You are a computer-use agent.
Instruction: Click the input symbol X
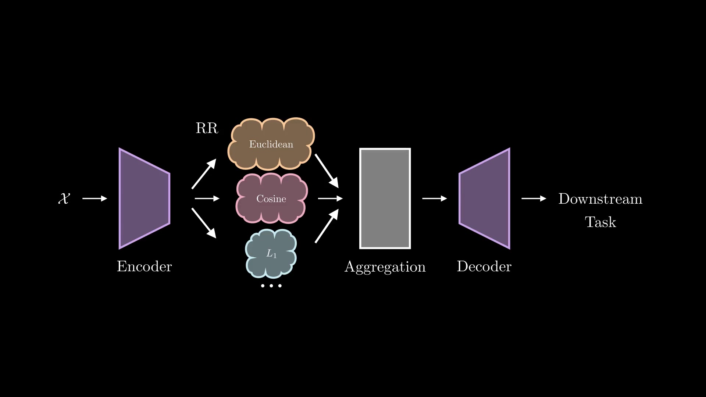click(64, 198)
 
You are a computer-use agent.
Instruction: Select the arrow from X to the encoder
click(95, 198)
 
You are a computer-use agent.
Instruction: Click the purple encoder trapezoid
click(144, 198)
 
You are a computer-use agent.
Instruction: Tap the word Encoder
click(144, 267)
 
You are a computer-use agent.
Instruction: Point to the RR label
click(207, 128)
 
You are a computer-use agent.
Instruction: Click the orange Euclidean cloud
click(271, 144)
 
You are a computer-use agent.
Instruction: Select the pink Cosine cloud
click(271, 198)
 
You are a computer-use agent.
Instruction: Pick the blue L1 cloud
click(271, 253)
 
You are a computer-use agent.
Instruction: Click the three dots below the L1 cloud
click(271, 286)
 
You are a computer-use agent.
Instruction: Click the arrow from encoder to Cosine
click(207, 198)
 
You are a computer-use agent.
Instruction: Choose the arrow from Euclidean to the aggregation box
click(327, 171)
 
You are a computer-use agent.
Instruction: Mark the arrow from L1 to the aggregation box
click(327, 226)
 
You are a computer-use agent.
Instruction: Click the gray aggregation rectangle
click(385, 198)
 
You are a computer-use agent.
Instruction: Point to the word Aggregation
click(385, 267)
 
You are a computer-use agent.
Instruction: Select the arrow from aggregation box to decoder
click(434, 198)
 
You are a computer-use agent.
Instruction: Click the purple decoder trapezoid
click(485, 198)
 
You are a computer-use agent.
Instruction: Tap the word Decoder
click(484, 267)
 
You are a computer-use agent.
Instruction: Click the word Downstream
click(600, 199)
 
